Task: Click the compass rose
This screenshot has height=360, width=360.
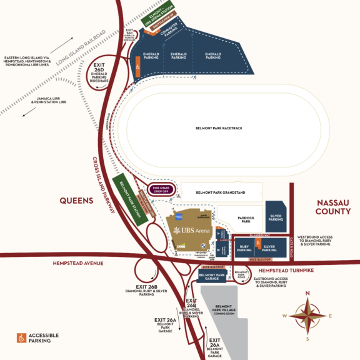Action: pos(306,315)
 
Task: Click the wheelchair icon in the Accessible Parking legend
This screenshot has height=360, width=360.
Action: pos(22,337)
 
